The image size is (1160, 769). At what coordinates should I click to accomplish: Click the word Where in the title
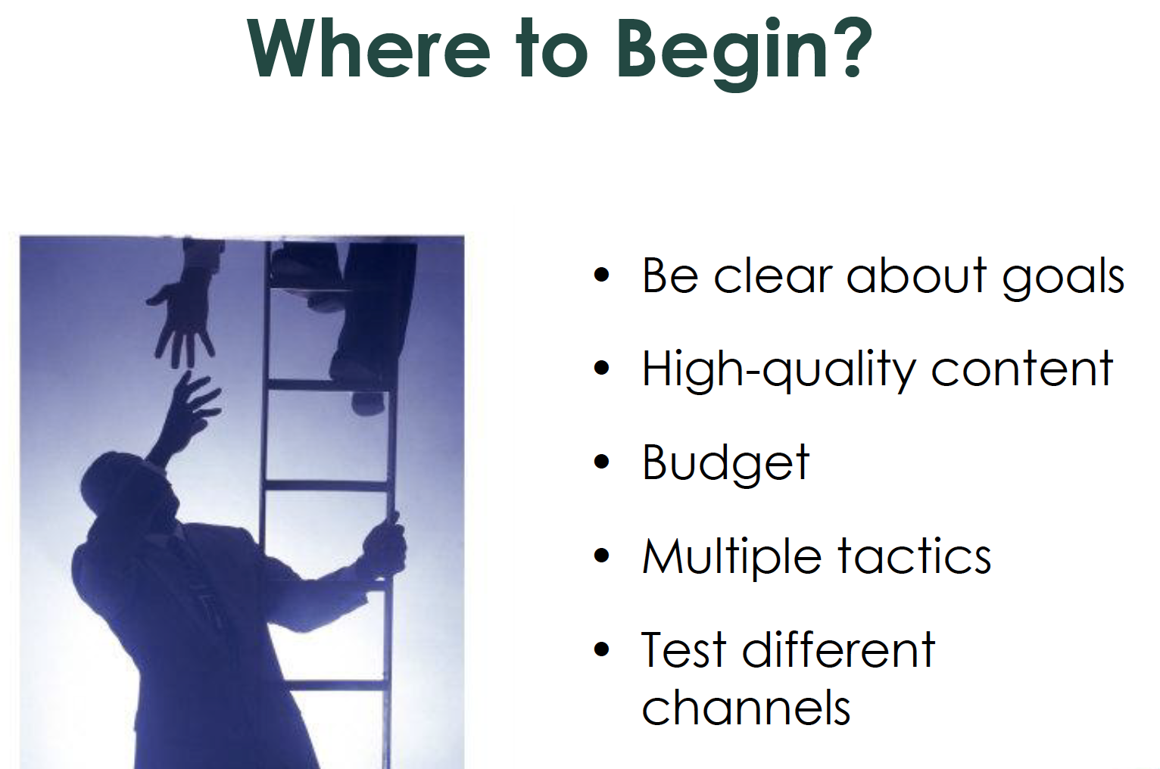click(x=368, y=48)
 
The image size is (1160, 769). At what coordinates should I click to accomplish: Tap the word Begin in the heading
click(x=723, y=54)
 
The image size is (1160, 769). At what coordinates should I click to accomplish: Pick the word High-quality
click(x=779, y=370)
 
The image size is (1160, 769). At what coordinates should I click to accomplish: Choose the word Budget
click(x=725, y=464)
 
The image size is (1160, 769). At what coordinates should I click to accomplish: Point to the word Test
click(x=683, y=649)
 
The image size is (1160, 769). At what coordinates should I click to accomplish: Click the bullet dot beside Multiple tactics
click(x=602, y=556)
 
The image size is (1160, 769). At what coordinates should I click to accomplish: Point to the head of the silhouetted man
click(x=127, y=492)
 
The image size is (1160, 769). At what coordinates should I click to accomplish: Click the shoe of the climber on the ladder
click(x=369, y=401)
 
